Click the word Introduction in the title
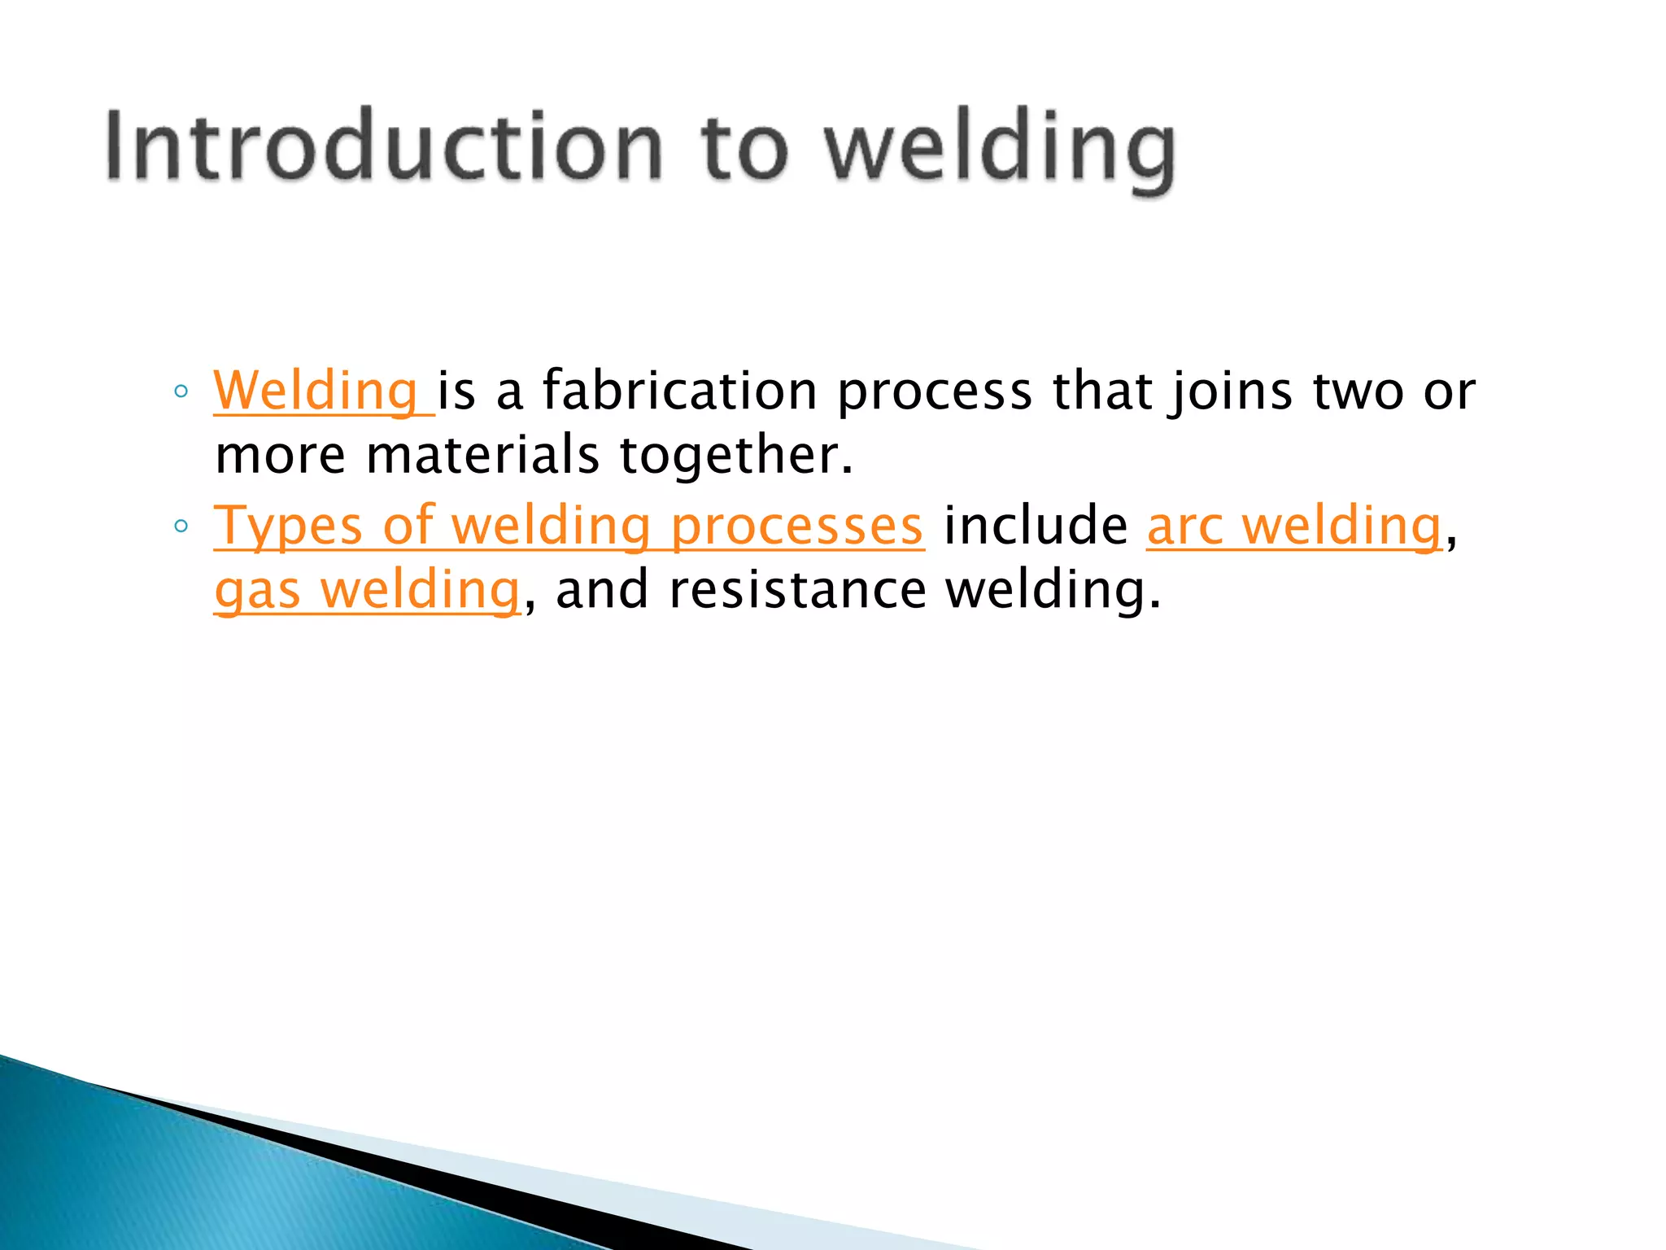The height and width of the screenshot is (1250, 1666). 382,146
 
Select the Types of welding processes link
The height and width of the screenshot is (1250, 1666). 568,526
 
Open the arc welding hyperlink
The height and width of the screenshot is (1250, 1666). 1293,526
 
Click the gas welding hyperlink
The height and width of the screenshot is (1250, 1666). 366,589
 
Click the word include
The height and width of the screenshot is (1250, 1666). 1036,526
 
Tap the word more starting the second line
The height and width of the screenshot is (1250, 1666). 280,456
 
